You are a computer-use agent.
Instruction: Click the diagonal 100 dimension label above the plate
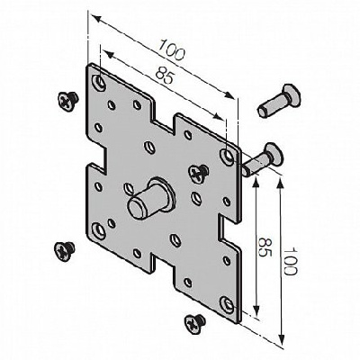[171, 49]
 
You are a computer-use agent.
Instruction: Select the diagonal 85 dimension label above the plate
[165, 75]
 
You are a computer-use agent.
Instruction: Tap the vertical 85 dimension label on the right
[265, 247]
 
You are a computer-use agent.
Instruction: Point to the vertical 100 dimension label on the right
[290, 261]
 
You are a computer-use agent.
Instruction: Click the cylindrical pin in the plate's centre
[151, 197]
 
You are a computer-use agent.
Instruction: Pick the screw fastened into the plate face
[198, 173]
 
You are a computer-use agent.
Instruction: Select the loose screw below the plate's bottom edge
[194, 323]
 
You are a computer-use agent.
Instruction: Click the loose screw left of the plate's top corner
[67, 101]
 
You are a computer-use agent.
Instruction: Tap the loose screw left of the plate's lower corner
[64, 251]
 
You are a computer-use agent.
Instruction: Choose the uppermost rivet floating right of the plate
[279, 101]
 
